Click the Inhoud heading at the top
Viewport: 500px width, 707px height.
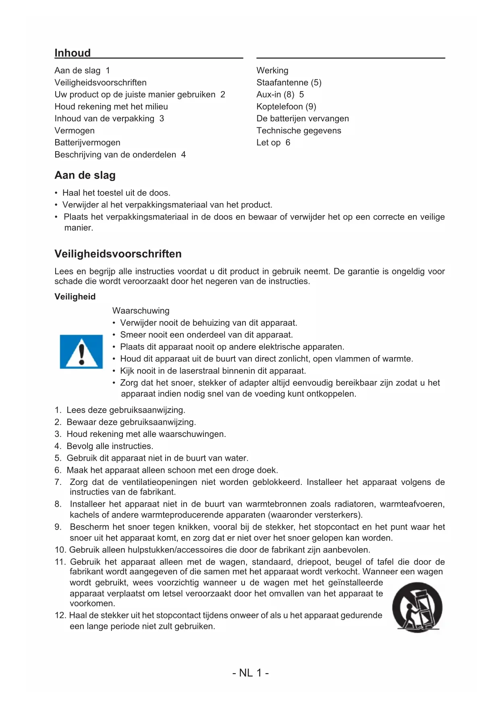73,53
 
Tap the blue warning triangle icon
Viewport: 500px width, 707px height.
81,351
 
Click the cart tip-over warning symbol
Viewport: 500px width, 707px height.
417,607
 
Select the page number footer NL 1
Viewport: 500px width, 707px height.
250,673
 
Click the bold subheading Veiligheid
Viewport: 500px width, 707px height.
75,297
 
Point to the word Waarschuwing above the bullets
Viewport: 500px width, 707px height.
141,311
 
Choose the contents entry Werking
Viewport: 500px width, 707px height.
272,71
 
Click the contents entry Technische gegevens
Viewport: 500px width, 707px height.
299,131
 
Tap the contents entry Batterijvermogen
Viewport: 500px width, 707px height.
87,143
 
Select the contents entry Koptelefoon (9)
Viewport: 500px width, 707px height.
286,107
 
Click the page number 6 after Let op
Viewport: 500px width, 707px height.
288,143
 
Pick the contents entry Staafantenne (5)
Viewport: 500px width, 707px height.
289,83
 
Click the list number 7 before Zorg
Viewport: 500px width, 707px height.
58,482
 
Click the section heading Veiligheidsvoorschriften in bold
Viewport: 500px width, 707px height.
118,254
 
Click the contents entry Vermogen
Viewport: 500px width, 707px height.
75,131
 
